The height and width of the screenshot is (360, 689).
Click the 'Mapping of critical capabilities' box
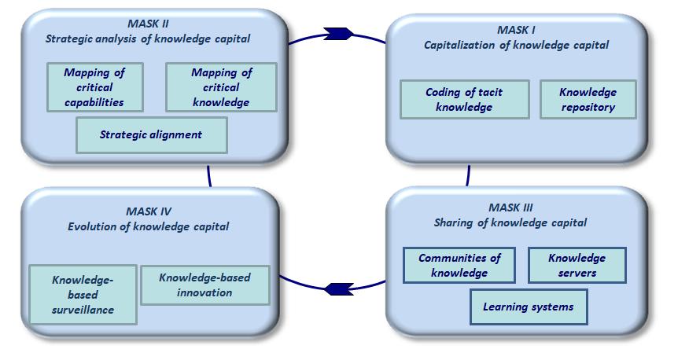coord(94,87)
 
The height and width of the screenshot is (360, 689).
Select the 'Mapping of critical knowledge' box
coord(221,87)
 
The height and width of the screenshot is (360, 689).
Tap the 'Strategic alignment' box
coord(151,134)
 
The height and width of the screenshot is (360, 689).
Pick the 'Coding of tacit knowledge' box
coord(464,99)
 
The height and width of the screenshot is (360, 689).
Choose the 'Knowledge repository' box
coord(588,99)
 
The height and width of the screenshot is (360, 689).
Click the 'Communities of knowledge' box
coord(459,265)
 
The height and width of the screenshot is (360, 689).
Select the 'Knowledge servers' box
coord(577,265)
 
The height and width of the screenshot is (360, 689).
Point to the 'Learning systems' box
coord(528,307)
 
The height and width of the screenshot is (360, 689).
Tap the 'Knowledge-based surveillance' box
coord(83,294)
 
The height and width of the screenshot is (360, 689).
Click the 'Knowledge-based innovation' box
coord(205,285)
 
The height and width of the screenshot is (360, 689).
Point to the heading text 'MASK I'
coord(516,30)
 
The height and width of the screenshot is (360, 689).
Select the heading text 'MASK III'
coord(510,208)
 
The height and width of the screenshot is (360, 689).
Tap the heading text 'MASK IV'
coord(148,211)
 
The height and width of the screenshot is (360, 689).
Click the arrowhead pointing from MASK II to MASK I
coord(338,33)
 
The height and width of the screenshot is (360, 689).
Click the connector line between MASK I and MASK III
coord(468,174)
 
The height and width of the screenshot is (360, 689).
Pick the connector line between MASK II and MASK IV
coord(209,175)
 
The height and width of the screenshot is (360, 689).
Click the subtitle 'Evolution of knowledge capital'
coord(148,226)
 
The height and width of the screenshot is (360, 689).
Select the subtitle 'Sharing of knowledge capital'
coord(510,222)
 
